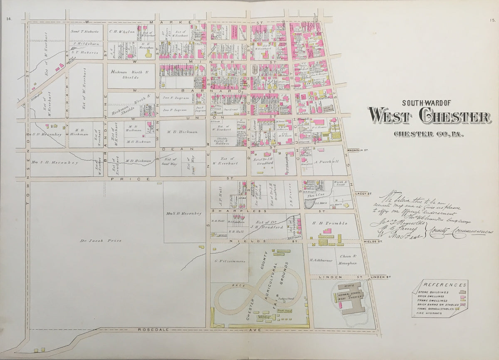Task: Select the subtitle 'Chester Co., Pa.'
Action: click(429, 134)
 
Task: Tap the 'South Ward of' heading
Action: click(429, 103)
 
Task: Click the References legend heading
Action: click(445, 285)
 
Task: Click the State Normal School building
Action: click(352, 299)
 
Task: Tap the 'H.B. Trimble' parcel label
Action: click(333, 223)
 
